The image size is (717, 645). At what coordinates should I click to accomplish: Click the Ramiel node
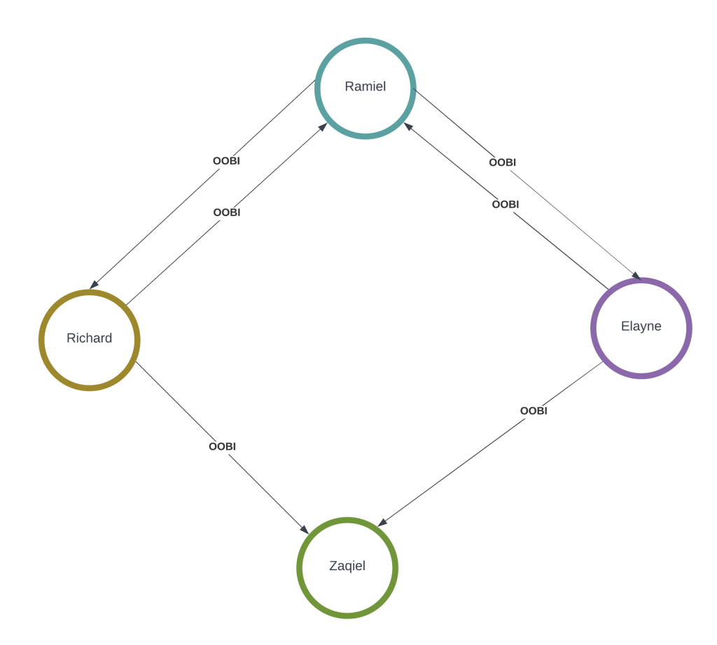coord(365,87)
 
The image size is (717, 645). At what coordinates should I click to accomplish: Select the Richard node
coord(89,339)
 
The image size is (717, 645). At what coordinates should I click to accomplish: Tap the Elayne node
coord(641,327)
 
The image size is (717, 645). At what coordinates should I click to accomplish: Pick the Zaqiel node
coord(347,567)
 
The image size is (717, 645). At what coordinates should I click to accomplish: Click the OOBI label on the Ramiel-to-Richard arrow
coord(226,161)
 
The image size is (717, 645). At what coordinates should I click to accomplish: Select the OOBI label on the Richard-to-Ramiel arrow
coord(227,212)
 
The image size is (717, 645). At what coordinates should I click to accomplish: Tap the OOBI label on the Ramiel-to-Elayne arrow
coord(503,162)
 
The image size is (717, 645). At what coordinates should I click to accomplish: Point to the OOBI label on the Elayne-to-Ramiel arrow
coord(506,204)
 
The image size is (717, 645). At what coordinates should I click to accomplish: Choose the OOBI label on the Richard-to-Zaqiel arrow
coord(222,446)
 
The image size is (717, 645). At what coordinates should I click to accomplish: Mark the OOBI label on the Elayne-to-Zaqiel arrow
coord(534,411)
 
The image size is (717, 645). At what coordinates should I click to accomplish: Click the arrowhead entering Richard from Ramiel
coord(93,285)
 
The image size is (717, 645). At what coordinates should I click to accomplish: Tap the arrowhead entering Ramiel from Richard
coord(323,126)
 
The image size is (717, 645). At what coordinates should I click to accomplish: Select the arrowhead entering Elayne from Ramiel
coord(636,276)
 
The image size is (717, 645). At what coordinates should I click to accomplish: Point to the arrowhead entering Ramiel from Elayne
coord(407,126)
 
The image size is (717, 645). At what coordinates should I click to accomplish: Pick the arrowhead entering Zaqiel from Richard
coord(305,530)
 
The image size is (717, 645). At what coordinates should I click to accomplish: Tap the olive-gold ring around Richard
coord(41,339)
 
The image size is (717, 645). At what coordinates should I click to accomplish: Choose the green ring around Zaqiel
coord(299,567)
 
